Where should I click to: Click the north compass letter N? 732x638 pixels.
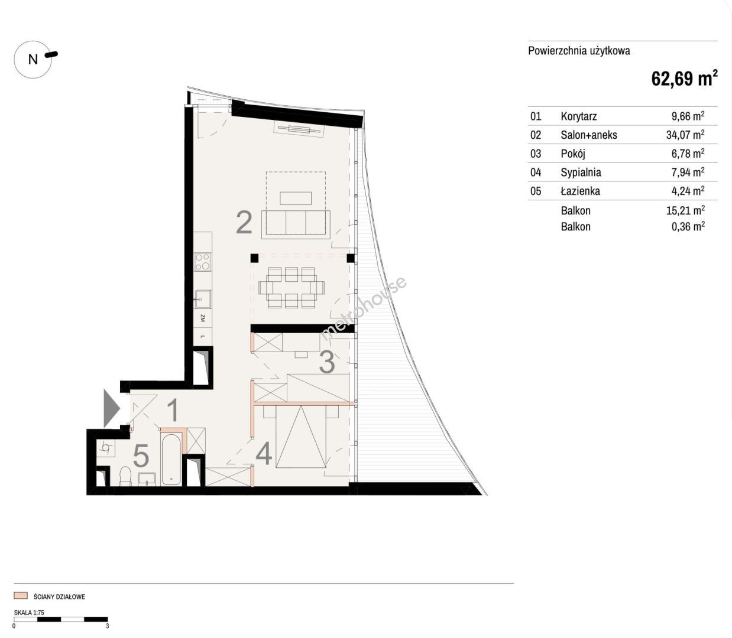pos(33,59)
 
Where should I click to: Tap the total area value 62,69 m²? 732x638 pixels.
pos(684,79)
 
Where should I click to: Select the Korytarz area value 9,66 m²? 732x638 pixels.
pos(688,116)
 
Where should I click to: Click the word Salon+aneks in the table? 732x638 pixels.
pos(589,135)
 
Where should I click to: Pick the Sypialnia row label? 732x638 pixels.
pos(581,172)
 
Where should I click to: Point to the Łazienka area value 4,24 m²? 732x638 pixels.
pos(688,191)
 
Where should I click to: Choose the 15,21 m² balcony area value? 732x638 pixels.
pos(685,210)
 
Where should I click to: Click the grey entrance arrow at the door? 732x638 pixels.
pos(112,409)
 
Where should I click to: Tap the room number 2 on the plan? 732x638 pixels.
pos(244,223)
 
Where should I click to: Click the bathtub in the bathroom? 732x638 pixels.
pos(171,459)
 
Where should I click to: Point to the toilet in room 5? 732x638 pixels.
pos(125,476)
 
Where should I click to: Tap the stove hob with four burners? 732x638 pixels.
pos(202,262)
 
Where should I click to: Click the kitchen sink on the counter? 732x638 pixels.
pos(202,299)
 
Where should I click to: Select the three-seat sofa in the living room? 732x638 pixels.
pos(296,224)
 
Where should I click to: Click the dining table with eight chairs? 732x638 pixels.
pos(291,288)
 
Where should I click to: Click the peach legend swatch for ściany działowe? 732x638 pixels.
pos(20,595)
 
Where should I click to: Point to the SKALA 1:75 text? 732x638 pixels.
pos(29,612)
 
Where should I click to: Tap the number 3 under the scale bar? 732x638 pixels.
pos(108,626)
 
